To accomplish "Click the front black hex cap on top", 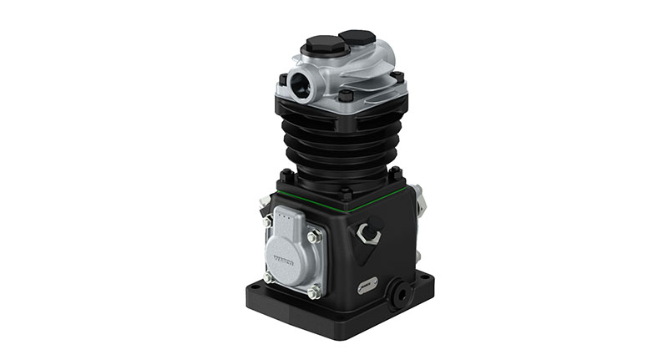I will click(x=321, y=44).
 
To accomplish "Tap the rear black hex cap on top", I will click(x=357, y=38).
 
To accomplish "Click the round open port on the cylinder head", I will click(x=299, y=84).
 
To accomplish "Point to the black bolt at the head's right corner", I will click(x=398, y=78).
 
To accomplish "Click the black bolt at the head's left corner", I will click(x=283, y=80).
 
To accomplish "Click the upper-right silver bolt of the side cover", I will click(x=316, y=238).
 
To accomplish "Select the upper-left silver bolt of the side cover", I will click(x=267, y=222).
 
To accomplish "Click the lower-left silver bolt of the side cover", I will click(x=269, y=276).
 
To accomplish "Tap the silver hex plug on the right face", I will click(x=367, y=233).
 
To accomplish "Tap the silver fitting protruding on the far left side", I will click(x=262, y=200).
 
